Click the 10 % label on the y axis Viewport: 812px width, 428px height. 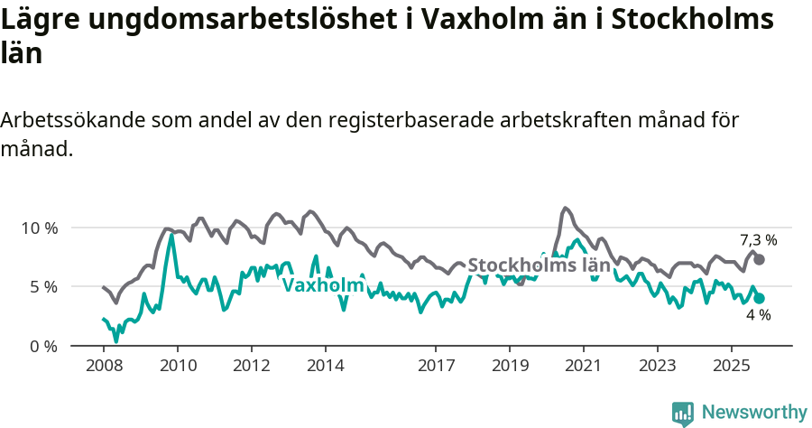coord(39,228)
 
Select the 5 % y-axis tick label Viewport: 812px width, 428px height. coord(42,287)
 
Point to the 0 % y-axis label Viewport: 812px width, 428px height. coord(42,346)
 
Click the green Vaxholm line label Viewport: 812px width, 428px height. coord(323,285)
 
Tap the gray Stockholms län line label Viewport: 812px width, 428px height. coord(539,265)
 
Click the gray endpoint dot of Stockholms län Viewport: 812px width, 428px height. coord(760,259)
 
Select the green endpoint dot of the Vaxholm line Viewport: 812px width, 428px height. coord(760,298)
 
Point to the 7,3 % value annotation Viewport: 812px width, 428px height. coord(758,240)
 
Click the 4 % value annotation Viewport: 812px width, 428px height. coord(758,315)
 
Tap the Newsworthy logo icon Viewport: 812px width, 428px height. coord(683,413)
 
